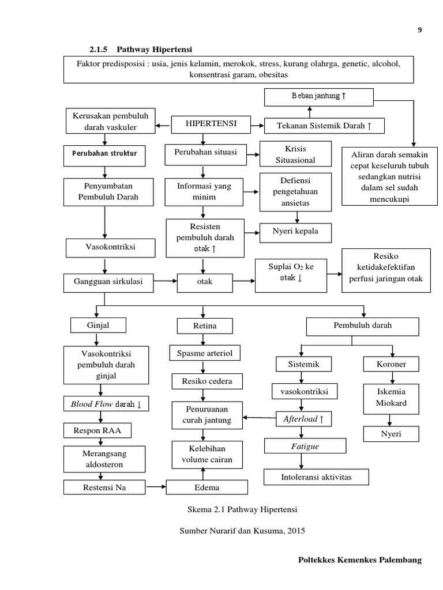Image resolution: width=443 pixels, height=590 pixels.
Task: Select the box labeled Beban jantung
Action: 310,96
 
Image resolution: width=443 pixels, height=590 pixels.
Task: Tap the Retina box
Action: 205,327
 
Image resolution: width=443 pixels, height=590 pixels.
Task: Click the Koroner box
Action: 392,364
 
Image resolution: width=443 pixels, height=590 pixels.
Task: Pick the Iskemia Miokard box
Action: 392,397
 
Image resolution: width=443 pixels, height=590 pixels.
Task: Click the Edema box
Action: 207,487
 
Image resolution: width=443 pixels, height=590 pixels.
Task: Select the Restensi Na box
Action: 104,487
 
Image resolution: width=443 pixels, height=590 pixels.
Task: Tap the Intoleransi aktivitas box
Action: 316,477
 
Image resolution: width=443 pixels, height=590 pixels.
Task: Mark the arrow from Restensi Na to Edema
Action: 155,487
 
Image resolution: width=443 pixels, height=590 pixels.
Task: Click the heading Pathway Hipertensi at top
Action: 159,48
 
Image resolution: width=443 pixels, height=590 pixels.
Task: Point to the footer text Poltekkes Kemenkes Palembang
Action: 359,559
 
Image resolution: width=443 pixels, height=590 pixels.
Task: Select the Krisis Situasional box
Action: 296,153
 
